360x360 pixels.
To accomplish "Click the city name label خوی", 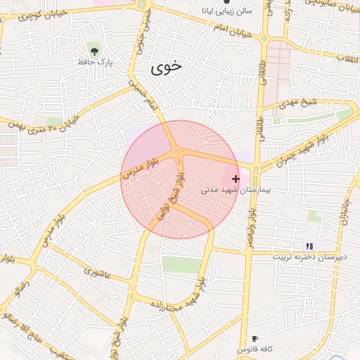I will coord(167,67).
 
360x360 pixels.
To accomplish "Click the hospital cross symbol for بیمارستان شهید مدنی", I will coord(235,179).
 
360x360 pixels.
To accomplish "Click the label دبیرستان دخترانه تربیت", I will coord(310,258).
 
